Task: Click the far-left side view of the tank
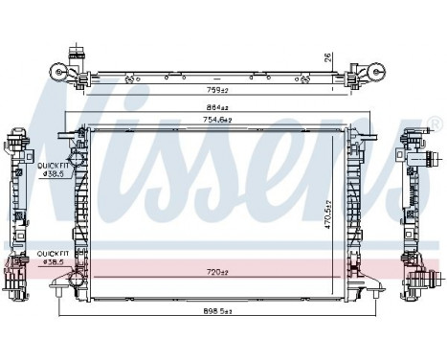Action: click(x=16, y=206)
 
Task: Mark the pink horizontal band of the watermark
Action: click(x=220, y=265)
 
